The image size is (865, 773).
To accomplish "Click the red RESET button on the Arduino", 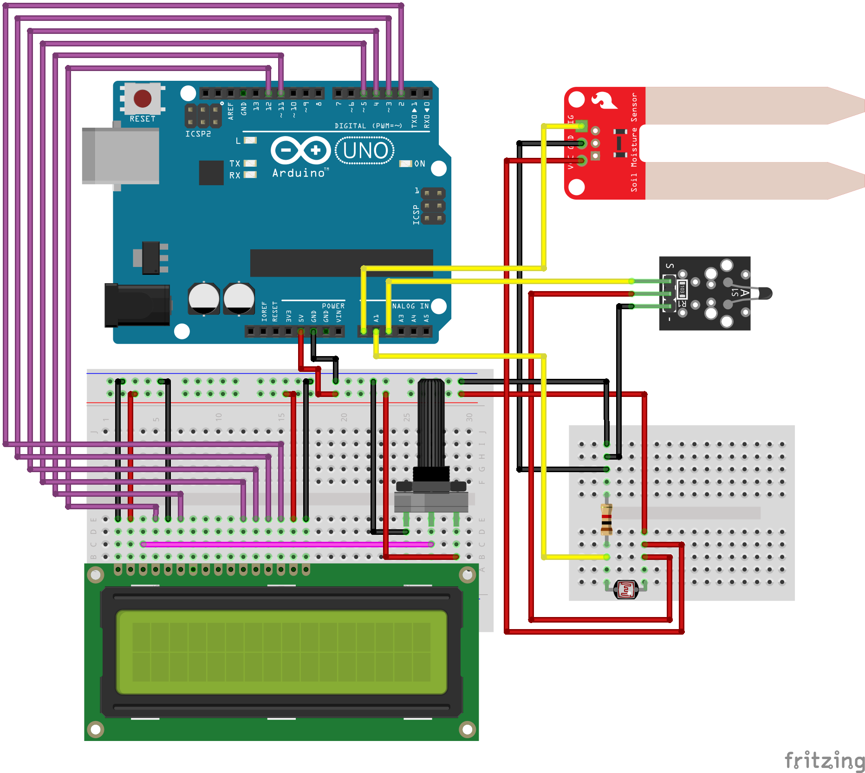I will (x=142, y=98).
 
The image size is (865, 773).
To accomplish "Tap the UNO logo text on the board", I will (x=365, y=150).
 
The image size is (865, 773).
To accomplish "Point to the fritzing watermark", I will (x=824, y=760).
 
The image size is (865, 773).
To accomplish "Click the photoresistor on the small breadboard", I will (x=625, y=590).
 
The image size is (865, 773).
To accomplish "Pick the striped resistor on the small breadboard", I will (x=606, y=519).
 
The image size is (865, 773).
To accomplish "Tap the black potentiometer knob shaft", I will (x=431, y=422).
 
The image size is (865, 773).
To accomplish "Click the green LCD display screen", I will (x=281, y=652).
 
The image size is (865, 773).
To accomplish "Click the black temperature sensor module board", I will (x=704, y=293).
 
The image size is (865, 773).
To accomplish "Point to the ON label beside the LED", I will (x=420, y=163).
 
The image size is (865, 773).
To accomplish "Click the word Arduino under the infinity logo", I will (x=299, y=173).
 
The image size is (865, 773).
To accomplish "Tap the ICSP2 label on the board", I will (x=198, y=134).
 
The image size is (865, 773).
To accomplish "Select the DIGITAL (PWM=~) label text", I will (x=368, y=126).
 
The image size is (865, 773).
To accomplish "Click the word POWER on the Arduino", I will (x=333, y=306).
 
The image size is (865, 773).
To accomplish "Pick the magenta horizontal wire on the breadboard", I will (x=287, y=544).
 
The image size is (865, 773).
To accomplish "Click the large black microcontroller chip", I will (x=341, y=263).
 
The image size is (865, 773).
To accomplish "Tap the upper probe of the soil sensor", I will (x=752, y=105).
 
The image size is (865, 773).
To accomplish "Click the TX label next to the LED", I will (x=234, y=163).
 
